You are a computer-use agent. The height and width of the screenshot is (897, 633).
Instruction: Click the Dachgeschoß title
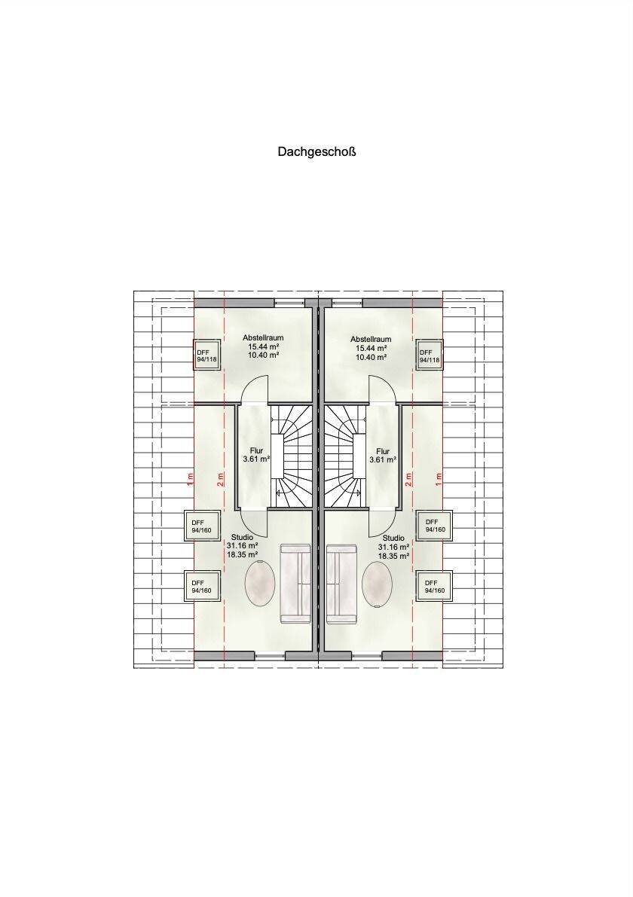pos(316,152)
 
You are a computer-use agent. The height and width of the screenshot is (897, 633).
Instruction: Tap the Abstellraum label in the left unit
pos(263,338)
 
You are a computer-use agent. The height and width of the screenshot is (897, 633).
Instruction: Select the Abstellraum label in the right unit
pos(371,339)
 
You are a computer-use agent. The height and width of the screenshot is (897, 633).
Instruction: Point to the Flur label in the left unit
pos(256,451)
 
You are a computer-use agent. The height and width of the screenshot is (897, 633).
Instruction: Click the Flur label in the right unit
pos(383,451)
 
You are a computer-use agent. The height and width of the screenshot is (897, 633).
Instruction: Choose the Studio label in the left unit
pos(242,538)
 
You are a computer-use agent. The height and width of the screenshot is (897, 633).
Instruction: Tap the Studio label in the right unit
pos(393,539)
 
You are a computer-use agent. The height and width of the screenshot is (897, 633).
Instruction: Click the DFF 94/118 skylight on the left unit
pos(206,355)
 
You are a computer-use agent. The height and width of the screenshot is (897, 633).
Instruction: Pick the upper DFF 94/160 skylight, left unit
pos(201,526)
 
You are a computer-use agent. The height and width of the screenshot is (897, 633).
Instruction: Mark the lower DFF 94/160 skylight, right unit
pos(435,587)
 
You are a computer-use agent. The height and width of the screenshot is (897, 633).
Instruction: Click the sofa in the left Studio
pos(296,584)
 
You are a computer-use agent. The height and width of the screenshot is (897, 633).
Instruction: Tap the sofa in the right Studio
pos(341,584)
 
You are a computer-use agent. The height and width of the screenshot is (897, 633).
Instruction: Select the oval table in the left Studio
pos(260,583)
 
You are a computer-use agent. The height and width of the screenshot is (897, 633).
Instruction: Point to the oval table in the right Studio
pos(378,584)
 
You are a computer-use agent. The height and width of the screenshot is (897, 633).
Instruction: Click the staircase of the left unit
pos(291,456)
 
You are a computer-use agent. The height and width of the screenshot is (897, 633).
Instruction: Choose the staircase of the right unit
pos(346,456)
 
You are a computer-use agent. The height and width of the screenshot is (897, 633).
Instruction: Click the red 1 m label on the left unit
pos(190,480)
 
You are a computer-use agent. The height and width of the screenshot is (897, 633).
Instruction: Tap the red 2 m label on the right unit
pos(408,480)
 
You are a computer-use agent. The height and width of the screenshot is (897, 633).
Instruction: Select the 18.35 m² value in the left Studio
pos(242,554)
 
